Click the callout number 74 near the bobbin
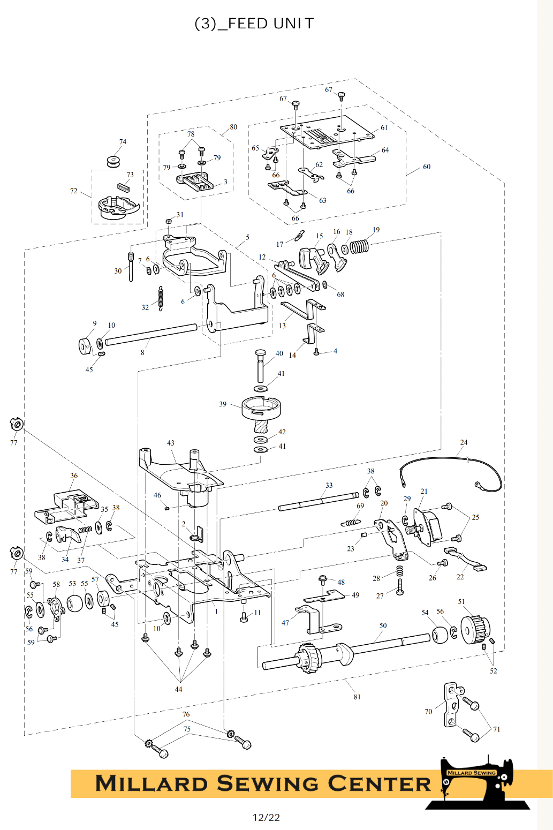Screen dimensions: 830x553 point(123,142)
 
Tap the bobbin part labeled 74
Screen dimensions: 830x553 point(113,161)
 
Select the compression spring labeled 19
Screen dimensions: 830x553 point(359,246)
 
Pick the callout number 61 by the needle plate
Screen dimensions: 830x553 point(384,127)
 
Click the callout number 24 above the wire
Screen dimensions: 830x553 point(464,442)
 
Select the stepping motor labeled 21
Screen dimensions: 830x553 point(428,527)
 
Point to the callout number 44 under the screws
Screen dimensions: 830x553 point(178,689)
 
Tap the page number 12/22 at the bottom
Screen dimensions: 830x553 point(266,817)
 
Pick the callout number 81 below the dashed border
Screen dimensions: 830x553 point(357,697)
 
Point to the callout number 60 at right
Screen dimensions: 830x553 point(427,167)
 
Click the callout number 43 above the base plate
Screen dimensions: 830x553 point(171,443)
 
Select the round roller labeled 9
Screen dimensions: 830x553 point(86,346)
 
